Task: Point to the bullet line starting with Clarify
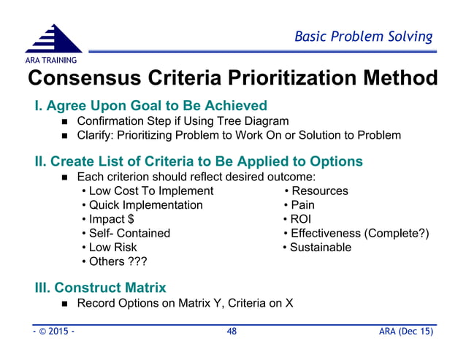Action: coord(238,136)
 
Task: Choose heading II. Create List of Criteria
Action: coord(199,161)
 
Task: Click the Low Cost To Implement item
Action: coord(147,191)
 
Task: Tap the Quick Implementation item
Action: coord(142,205)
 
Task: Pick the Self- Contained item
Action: coord(126,233)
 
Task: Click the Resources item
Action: coord(316,191)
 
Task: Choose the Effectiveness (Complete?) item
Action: coord(356,233)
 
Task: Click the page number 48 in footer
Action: coord(232,332)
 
